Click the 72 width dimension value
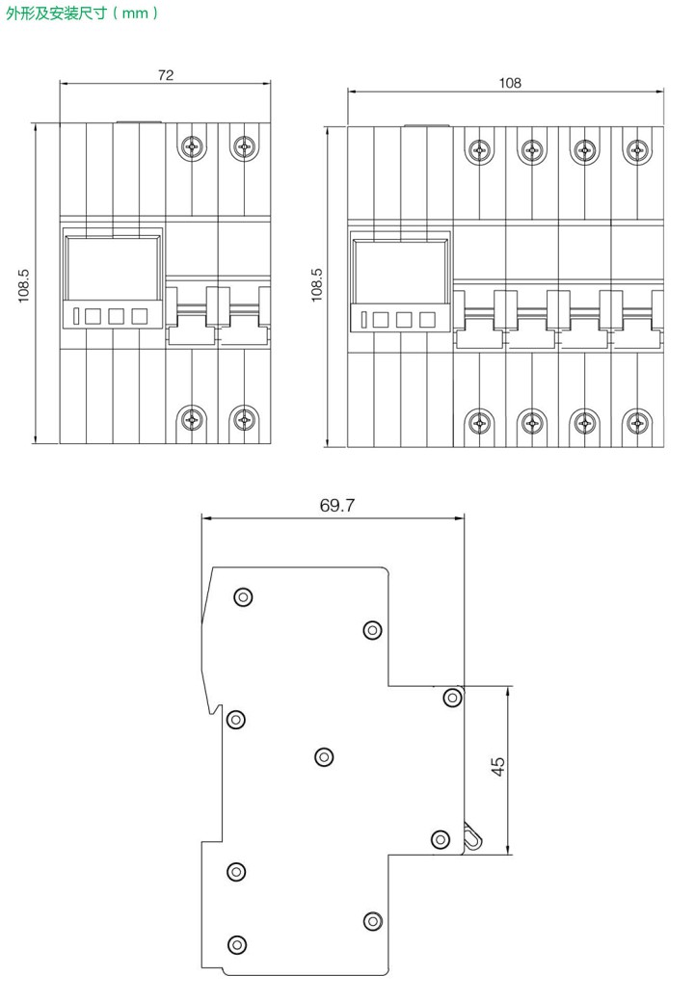(166, 75)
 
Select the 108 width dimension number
(510, 83)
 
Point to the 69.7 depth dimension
(337, 506)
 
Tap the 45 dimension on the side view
(498, 766)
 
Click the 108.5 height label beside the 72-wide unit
(24, 285)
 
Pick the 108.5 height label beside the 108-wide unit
(316, 285)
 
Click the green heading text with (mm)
(82, 13)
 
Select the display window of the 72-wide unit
(113, 267)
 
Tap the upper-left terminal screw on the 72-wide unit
(192, 147)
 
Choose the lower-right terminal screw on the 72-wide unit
(244, 420)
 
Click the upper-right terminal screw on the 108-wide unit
(637, 151)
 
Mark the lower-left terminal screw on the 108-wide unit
(479, 422)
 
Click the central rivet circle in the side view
(324, 757)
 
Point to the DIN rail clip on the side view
(472, 836)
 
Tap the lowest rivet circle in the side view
(237, 944)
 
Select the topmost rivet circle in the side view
(243, 596)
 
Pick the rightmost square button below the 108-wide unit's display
(427, 319)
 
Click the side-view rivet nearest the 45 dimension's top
(453, 697)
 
